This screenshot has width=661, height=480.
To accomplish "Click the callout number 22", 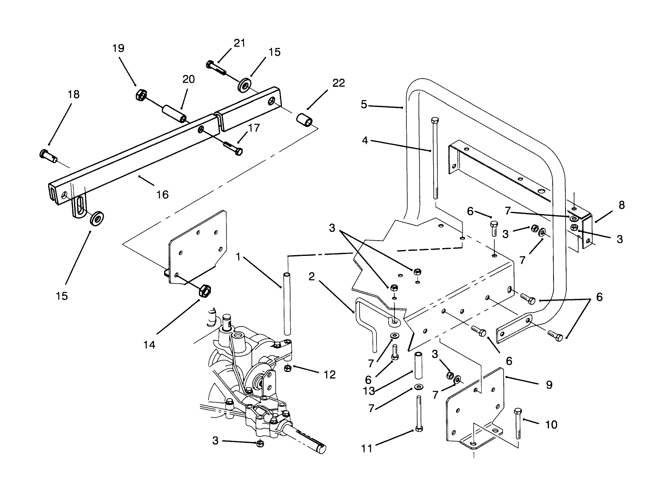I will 338,83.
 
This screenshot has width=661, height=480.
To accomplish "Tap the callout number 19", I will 118,49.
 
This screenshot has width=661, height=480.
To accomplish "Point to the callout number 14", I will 149,344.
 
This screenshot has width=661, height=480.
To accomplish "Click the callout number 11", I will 367,448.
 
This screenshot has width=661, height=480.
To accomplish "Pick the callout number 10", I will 551,425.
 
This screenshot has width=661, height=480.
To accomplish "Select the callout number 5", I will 364,105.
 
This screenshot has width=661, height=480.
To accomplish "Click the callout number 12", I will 330,375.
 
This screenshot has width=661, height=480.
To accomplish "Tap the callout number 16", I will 163,194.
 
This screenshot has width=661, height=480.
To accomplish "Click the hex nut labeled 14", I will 205,290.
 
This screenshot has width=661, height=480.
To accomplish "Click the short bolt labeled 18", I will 48,156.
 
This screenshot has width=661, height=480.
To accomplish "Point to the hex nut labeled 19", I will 140,96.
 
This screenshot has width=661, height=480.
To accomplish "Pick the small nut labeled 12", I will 288,368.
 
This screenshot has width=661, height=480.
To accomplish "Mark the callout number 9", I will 549,385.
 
